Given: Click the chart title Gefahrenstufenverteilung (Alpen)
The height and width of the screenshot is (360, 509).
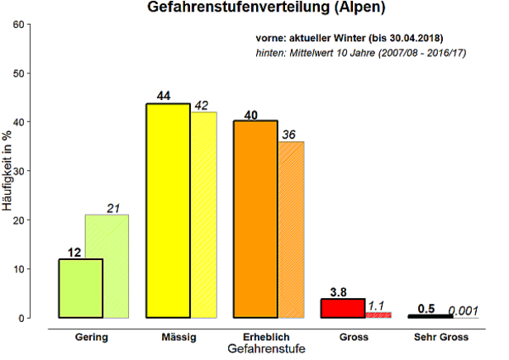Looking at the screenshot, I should pyautogui.click(x=254, y=9).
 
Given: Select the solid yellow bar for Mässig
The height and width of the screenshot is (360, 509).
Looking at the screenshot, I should pyautogui.click(x=168, y=211).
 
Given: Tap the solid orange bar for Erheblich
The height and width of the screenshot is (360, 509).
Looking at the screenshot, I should pyautogui.click(x=255, y=219).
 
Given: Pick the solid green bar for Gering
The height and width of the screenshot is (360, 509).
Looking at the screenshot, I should pyautogui.click(x=80, y=288).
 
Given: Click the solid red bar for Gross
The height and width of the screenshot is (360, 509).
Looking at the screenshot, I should pyautogui.click(x=342, y=308).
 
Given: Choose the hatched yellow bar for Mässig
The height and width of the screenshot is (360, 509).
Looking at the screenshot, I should pyautogui.click(x=203, y=215).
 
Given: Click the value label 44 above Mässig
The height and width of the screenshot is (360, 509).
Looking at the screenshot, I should pyautogui.click(x=163, y=96).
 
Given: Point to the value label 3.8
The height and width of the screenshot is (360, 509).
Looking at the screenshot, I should pyautogui.click(x=339, y=291).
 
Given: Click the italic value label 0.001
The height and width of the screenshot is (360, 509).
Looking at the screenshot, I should pyautogui.click(x=463, y=310).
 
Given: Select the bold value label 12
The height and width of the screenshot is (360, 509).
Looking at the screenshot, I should pyautogui.click(x=74, y=252).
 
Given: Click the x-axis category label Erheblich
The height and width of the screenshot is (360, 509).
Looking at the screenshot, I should pyautogui.click(x=267, y=337).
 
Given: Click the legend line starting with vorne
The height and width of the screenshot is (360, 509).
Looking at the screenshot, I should pyautogui.click(x=350, y=38).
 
